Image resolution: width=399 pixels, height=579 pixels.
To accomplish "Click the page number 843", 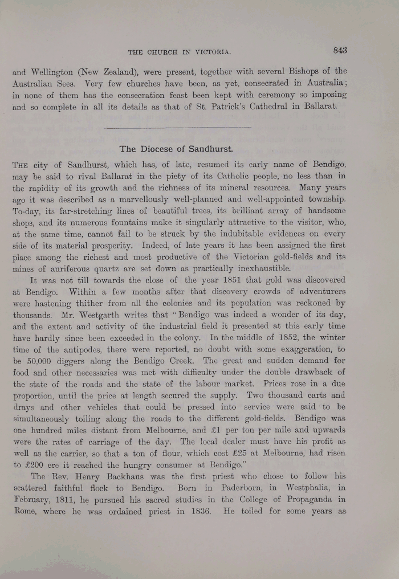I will click(x=340, y=50).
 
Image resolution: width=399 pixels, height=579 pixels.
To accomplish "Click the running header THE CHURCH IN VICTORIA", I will click(x=180, y=52).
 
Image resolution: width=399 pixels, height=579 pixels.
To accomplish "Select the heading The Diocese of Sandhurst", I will click(x=176, y=149).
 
